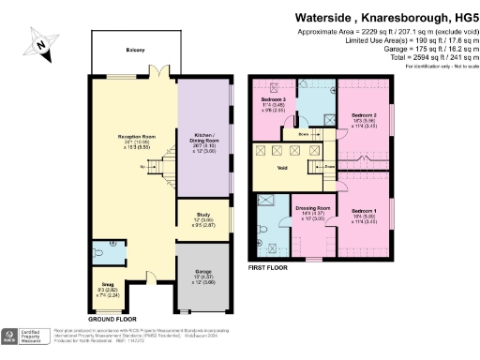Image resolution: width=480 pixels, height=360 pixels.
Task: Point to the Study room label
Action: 204,219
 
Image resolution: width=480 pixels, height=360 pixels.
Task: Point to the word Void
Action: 281,170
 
